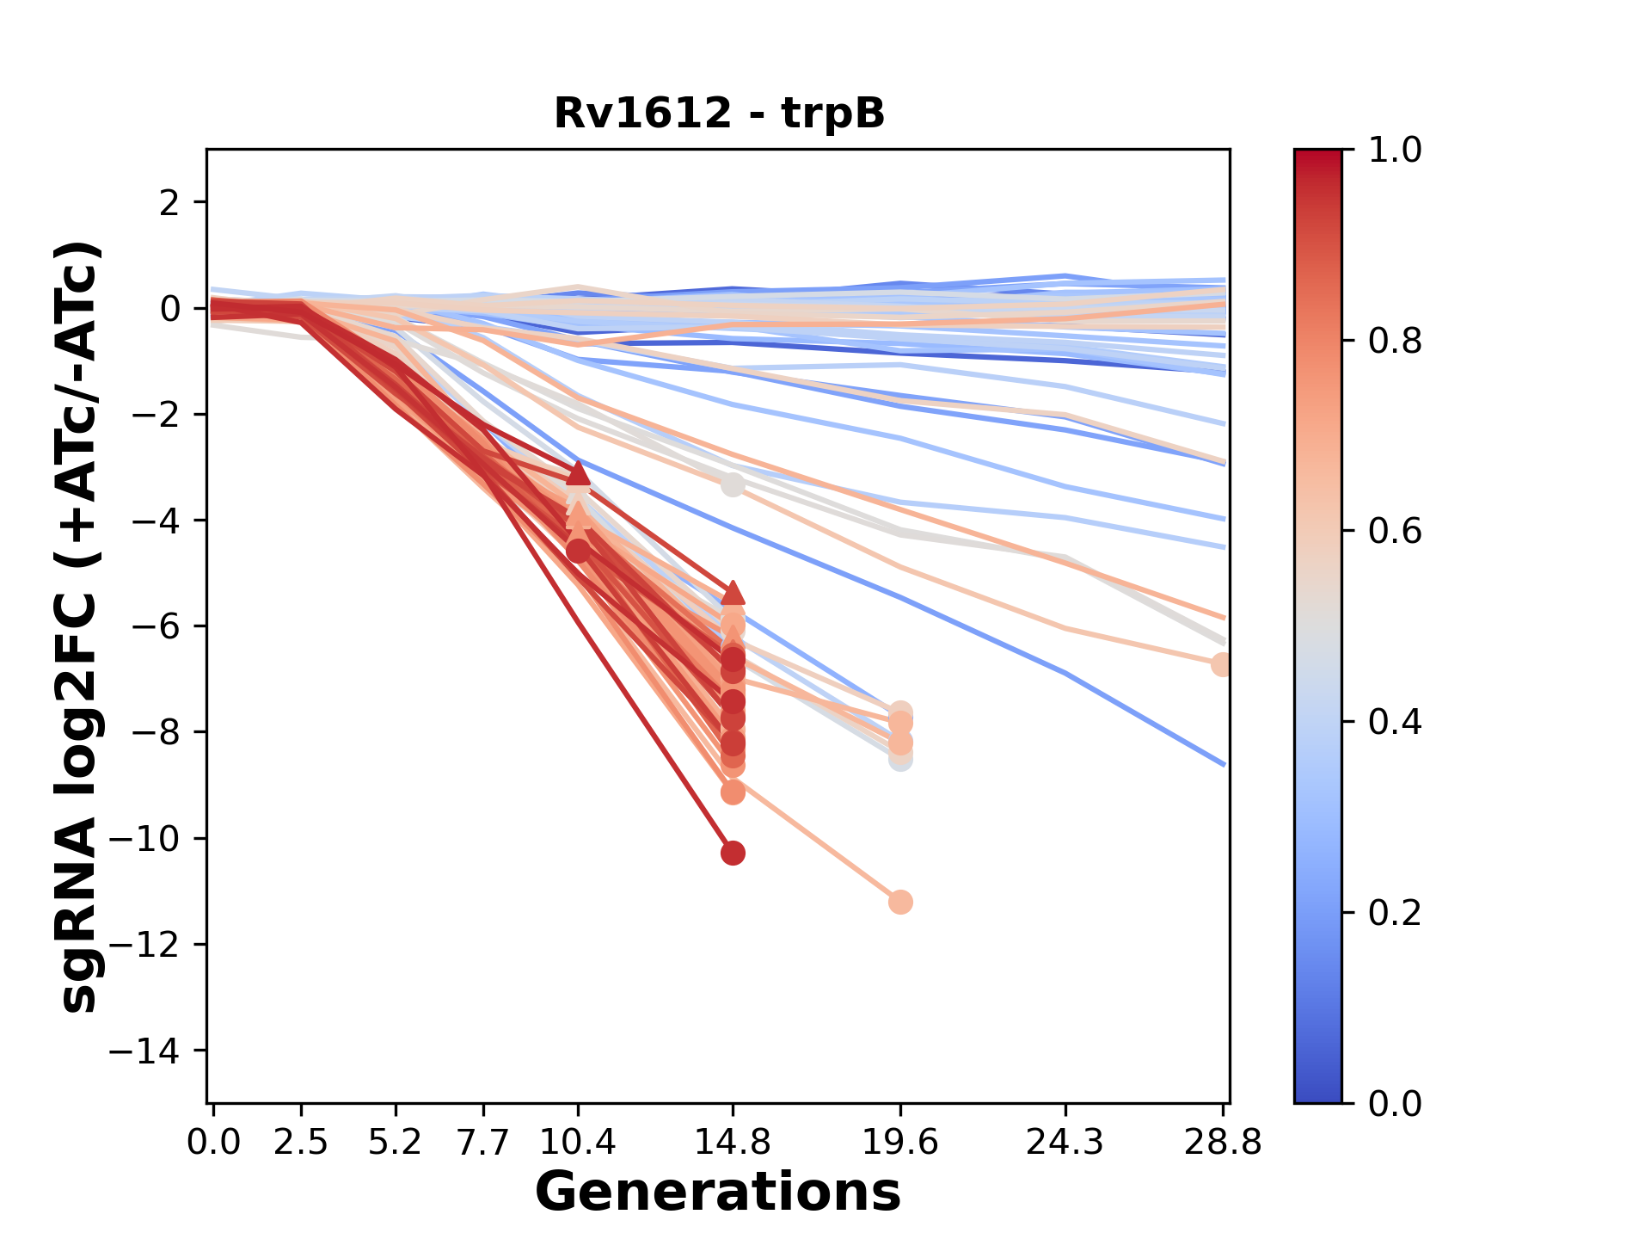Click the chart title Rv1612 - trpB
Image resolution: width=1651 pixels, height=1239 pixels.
click(719, 114)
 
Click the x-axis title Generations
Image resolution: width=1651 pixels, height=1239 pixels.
click(718, 1193)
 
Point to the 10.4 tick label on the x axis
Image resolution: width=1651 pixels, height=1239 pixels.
click(578, 1142)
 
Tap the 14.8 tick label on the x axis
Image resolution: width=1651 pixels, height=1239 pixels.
click(733, 1142)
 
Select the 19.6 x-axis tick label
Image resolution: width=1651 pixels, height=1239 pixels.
click(900, 1142)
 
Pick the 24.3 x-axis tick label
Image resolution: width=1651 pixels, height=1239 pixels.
click(1065, 1142)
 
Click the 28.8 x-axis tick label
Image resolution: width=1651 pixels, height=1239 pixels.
click(1223, 1142)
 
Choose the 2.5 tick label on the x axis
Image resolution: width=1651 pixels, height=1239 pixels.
click(301, 1142)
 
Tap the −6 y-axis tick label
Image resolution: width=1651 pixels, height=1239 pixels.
click(155, 626)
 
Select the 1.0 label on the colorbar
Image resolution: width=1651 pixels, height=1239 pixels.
click(1395, 151)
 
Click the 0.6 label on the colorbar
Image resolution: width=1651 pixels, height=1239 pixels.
click(1395, 531)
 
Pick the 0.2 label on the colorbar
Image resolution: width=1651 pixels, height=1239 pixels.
click(1395, 912)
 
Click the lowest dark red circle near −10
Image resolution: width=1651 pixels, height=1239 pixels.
click(733, 853)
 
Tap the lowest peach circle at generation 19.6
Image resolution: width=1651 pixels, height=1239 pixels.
click(900, 902)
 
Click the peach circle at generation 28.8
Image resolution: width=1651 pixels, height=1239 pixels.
click(1221, 664)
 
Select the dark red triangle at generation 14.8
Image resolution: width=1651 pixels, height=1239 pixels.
click(733, 593)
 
